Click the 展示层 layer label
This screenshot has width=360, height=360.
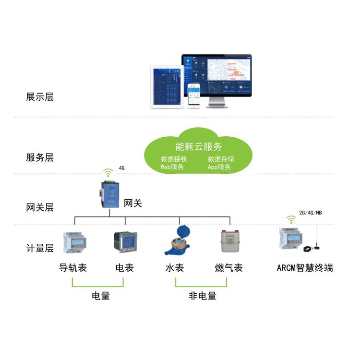[x=40, y=97]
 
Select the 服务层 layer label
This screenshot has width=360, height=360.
[x=40, y=157]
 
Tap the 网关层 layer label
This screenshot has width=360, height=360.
[x=40, y=208]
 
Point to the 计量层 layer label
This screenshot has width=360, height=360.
[x=40, y=248]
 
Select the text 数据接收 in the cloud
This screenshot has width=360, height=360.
[x=174, y=159]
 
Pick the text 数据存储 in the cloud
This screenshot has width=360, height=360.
[x=220, y=159]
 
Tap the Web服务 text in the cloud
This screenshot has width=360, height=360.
[x=172, y=167]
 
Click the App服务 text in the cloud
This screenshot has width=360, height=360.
[x=219, y=167]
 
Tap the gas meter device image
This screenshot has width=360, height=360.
[x=229, y=241]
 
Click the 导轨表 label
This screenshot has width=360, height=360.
[x=73, y=268]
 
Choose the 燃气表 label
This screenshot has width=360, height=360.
[x=229, y=268]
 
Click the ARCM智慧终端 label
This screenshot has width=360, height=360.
[x=305, y=268]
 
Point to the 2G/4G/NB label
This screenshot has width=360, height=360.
[x=310, y=213]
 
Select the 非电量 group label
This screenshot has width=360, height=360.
[x=202, y=296]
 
